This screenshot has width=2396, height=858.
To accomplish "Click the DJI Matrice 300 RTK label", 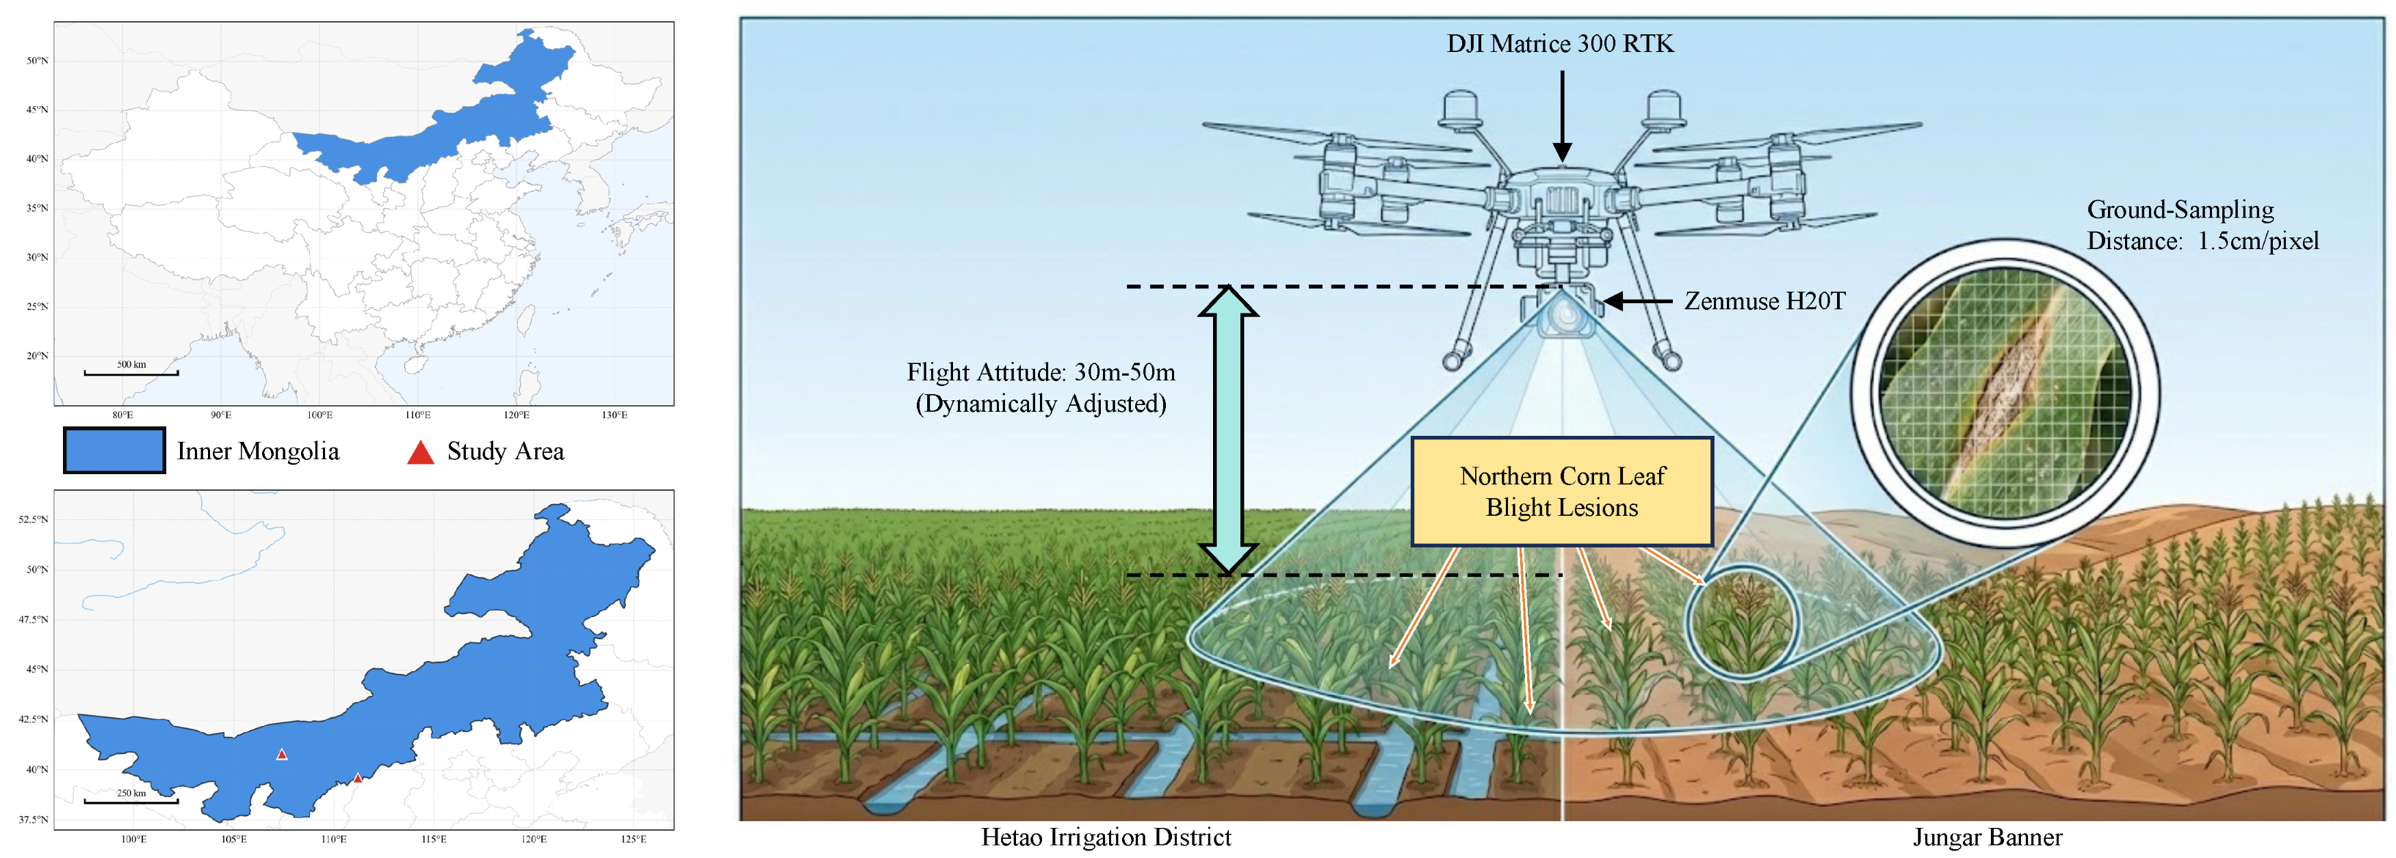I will (1560, 44).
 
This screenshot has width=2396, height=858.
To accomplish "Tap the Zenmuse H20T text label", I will (1765, 300).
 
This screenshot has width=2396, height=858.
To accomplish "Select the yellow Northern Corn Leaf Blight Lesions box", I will (1562, 491).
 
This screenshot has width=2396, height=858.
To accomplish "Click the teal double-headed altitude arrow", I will (1228, 429).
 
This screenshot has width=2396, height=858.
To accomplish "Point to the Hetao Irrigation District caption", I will (1105, 837).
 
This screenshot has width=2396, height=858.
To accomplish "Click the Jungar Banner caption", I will (1987, 837).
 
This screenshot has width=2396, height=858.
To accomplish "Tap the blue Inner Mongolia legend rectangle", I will (114, 450).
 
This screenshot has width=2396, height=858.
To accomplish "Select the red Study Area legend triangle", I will (420, 452).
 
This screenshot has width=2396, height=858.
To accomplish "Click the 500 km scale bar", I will (131, 372).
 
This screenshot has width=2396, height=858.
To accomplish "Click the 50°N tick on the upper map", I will (37, 60).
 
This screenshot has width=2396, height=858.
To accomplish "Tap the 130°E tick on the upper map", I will (614, 415).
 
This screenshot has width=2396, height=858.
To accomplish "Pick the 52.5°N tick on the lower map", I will (34, 519).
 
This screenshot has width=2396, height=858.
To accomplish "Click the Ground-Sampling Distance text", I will (2202, 225).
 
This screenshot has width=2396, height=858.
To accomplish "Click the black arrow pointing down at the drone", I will (1563, 116).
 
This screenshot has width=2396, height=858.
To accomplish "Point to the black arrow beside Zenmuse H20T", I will (1637, 300).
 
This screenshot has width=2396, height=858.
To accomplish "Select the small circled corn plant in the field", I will (1741, 622).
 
